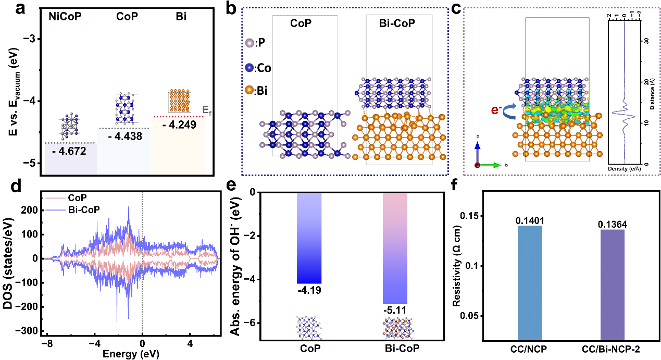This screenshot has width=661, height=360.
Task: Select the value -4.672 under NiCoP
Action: [70, 152]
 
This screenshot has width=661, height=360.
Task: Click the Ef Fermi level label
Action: [207, 110]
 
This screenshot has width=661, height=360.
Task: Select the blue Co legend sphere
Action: [250, 68]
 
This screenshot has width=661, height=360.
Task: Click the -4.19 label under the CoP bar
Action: [309, 290]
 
